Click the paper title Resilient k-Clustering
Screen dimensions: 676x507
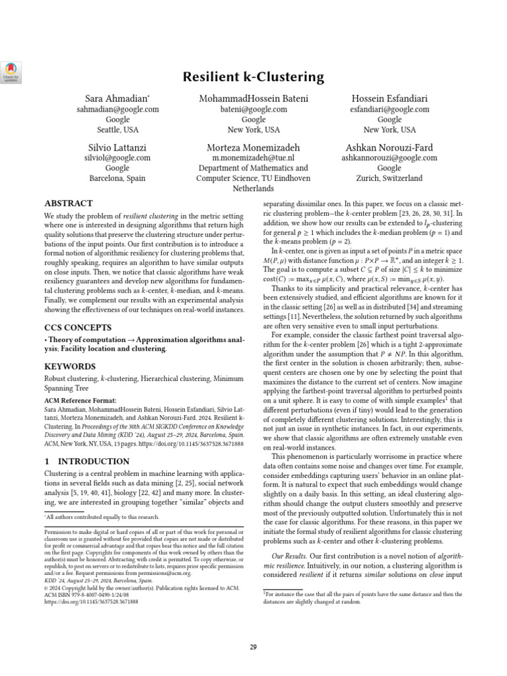tap(253, 77)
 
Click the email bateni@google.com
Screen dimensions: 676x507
tap(253, 109)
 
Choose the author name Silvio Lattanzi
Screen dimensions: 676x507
tap(118, 147)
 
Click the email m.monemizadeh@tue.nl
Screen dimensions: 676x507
tap(253, 158)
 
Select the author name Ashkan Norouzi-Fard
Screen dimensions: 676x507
tap(389, 147)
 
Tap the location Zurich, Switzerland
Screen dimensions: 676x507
tap(389, 178)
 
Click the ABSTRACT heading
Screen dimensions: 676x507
tap(68, 203)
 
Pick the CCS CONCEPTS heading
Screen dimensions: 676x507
tap(79, 327)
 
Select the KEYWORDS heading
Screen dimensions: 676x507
tap(69, 366)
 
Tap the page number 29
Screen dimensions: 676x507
tap(253, 647)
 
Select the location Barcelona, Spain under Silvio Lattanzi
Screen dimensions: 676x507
tap(118, 178)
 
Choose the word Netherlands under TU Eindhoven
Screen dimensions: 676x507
tap(253, 188)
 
